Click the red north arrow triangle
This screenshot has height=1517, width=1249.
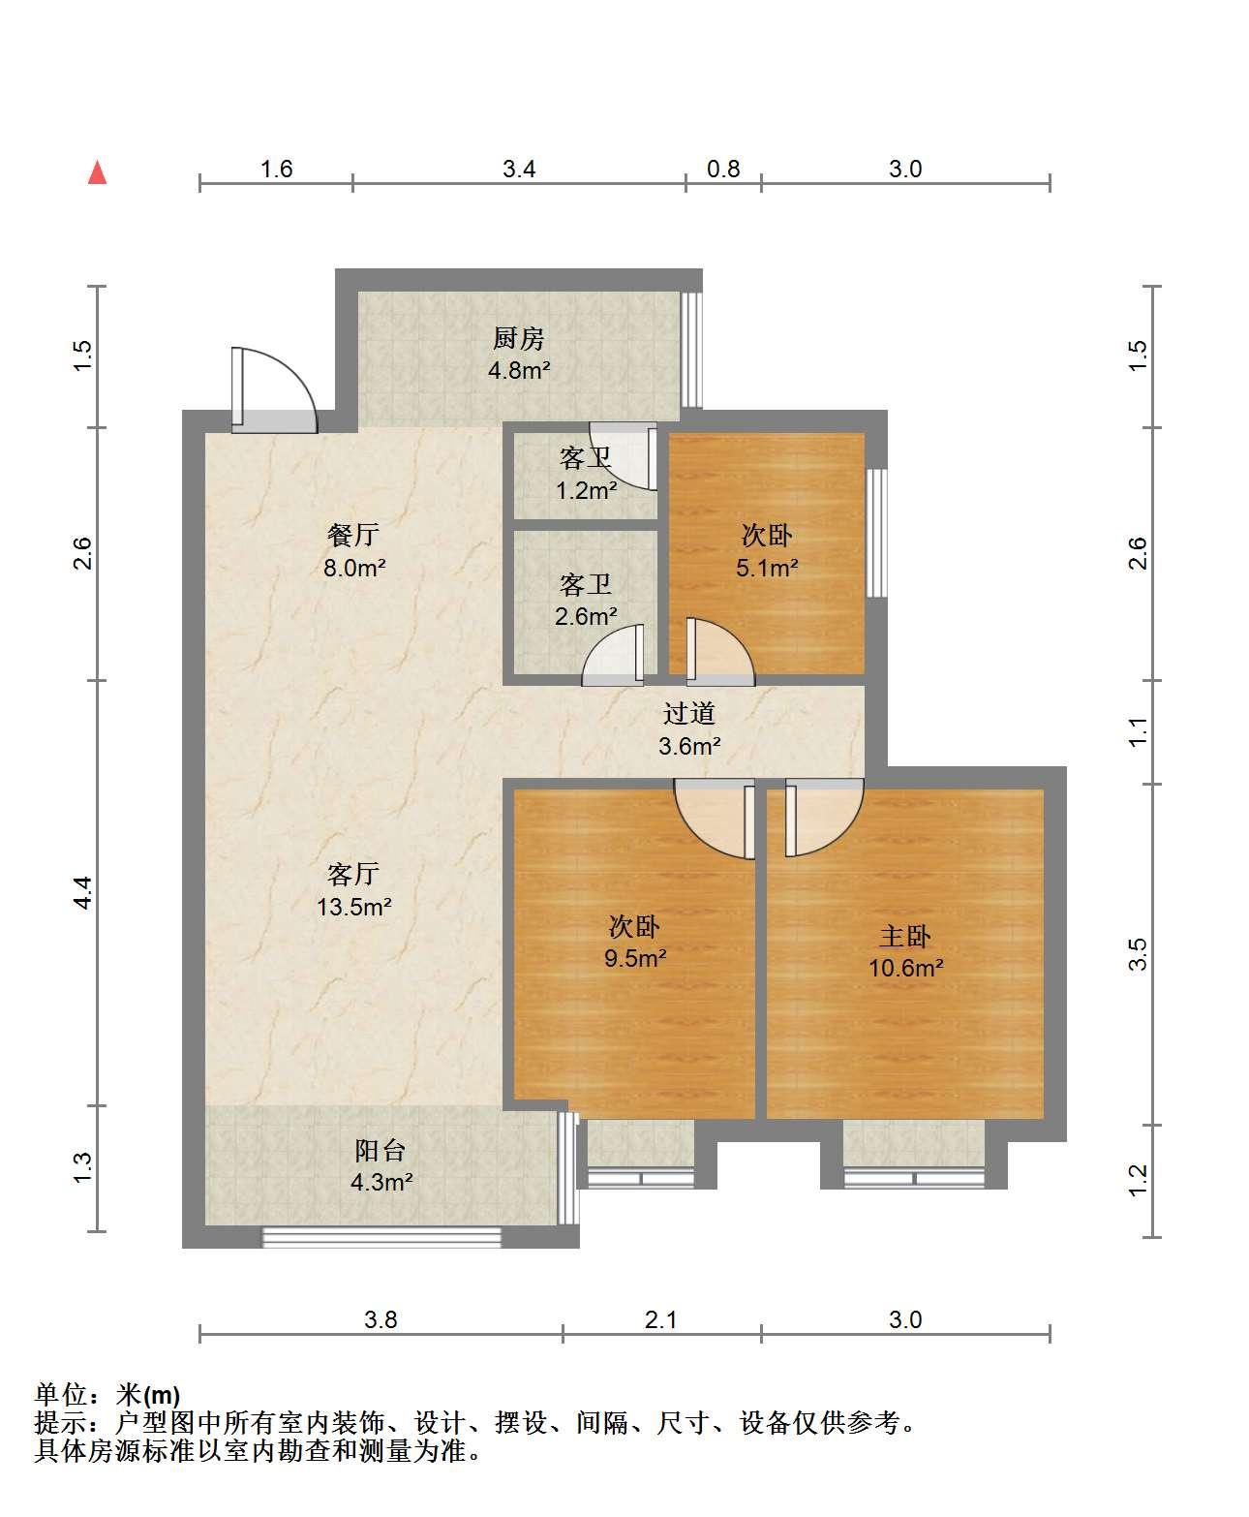point(97,172)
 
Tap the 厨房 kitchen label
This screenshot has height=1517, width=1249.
point(519,338)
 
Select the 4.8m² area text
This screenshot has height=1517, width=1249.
point(519,370)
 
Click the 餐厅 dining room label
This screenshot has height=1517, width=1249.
point(353,535)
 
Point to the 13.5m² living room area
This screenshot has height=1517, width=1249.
point(353,907)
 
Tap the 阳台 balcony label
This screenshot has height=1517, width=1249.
point(381,1150)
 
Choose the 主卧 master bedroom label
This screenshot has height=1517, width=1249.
point(904,936)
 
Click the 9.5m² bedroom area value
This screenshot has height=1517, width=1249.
point(635,958)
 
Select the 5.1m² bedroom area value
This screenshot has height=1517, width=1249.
point(767,568)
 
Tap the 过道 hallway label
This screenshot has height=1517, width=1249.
point(689,713)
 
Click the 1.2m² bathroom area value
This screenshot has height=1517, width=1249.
point(586,490)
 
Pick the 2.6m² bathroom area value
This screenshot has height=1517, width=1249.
point(585,616)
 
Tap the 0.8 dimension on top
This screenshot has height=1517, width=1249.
point(723,170)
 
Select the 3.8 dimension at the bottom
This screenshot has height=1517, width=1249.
point(381,1319)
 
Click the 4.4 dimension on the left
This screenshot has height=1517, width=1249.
point(83,893)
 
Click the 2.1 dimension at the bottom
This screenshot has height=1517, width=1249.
point(660,1319)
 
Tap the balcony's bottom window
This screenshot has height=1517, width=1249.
point(381,1238)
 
